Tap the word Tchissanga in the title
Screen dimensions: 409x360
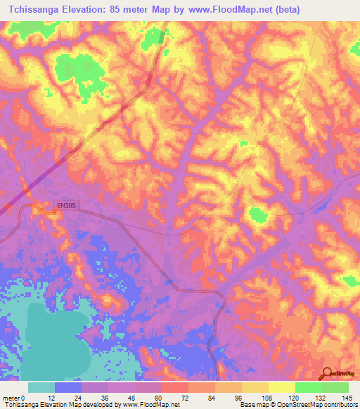point(34,10)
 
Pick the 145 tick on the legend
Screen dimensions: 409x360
point(348,398)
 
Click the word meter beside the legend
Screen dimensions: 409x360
point(11,398)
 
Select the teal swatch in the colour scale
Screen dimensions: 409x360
point(41,387)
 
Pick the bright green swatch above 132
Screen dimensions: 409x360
point(308,387)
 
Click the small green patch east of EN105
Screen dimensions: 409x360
point(258,214)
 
